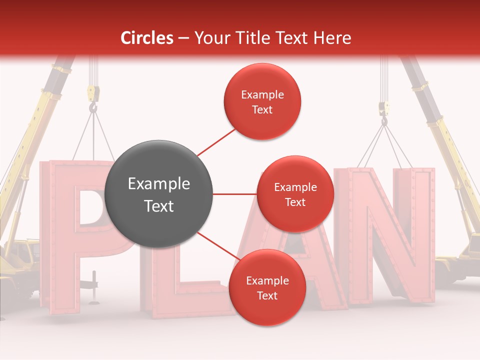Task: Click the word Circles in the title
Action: (x=146, y=38)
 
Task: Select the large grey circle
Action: (x=159, y=194)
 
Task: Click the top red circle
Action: (x=262, y=101)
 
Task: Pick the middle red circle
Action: (x=295, y=194)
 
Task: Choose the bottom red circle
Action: (x=267, y=287)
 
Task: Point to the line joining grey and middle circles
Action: (x=235, y=194)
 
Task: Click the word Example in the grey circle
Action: (x=159, y=184)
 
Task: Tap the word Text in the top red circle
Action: (x=262, y=109)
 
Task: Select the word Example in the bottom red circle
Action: (x=267, y=280)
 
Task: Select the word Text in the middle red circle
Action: (x=295, y=202)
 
